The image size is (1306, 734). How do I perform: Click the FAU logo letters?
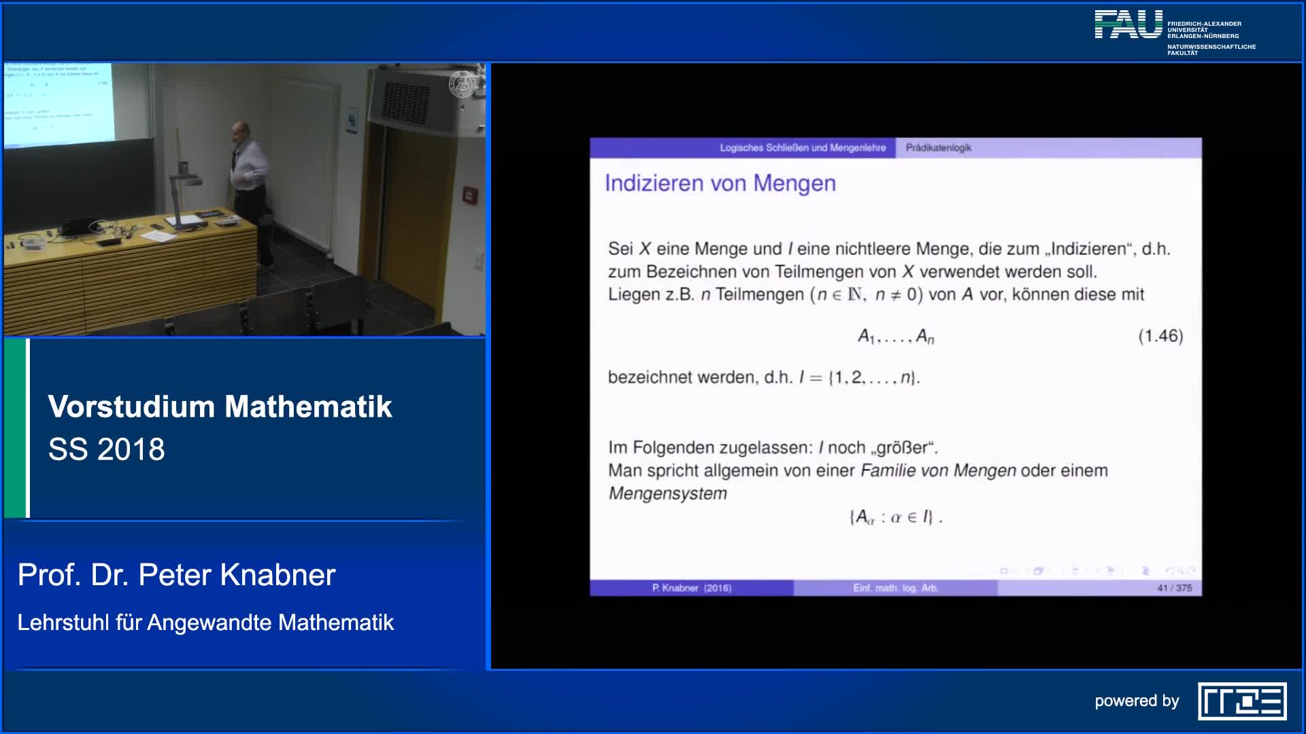[x=1128, y=24]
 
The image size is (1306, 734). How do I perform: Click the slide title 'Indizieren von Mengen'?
[x=720, y=183]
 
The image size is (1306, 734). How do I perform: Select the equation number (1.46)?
[x=1160, y=336]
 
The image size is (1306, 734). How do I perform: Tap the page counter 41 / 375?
[x=1174, y=588]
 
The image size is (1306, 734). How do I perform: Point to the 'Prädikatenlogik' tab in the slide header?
[x=938, y=147]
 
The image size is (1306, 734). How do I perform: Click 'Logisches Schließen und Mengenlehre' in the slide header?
[x=803, y=147]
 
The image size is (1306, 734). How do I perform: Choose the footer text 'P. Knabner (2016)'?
[x=691, y=588]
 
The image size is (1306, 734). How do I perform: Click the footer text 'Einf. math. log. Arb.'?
[x=895, y=588]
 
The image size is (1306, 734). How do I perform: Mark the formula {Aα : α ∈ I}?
[x=895, y=517]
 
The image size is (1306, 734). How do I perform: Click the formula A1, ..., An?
[x=895, y=336]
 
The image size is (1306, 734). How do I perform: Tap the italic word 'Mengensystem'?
[x=667, y=493]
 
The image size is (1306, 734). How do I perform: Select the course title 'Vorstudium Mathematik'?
[x=220, y=406]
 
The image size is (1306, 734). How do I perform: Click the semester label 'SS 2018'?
[x=107, y=449]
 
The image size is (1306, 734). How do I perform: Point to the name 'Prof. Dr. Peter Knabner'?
[x=176, y=575]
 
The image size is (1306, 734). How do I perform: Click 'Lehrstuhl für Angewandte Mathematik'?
[x=205, y=623]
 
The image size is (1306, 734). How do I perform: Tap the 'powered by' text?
[x=1136, y=701]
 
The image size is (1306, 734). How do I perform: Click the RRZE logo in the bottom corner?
[x=1242, y=701]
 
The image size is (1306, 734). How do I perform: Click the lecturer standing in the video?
[x=248, y=190]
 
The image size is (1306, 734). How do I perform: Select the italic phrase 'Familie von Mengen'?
[x=938, y=470]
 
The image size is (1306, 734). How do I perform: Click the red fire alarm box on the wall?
[x=469, y=195]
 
